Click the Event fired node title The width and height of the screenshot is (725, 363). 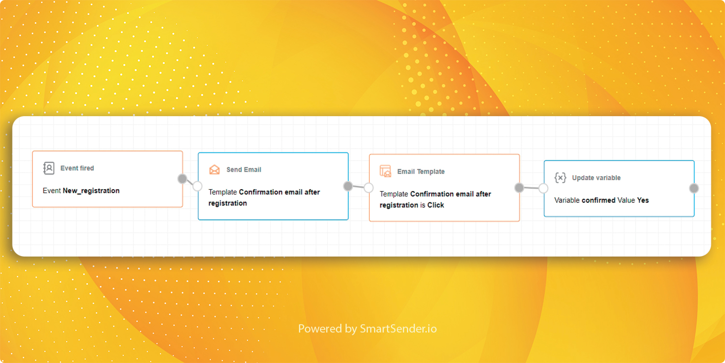click(x=77, y=168)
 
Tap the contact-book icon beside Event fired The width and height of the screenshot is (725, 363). click(x=49, y=168)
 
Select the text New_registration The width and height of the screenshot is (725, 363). click(x=91, y=191)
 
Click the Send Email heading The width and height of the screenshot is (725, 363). click(x=244, y=170)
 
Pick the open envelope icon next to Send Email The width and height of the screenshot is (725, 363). click(x=214, y=170)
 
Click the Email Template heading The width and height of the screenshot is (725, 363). click(x=421, y=172)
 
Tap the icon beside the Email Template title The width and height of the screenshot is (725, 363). click(x=385, y=171)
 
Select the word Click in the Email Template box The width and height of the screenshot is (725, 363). click(x=436, y=205)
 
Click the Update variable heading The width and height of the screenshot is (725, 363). click(x=596, y=178)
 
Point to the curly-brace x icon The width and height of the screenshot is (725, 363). click(x=560, y=178)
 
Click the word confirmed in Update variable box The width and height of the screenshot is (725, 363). click(x=599, y=200)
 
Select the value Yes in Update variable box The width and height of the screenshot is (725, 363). click(x=643, y=200)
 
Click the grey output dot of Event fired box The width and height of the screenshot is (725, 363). click(x=182, y=179)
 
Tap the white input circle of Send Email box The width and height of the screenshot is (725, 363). click(x=198, y=186)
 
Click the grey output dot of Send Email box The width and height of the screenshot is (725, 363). click(x=348, y=186)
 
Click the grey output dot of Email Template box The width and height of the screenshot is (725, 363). click(x=519, y=188)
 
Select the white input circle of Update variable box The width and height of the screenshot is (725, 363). click(x=543, y=188)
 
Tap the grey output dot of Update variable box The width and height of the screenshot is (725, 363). click(x=694, y=188)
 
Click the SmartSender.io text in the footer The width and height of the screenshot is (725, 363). click(x=398, y=329)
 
